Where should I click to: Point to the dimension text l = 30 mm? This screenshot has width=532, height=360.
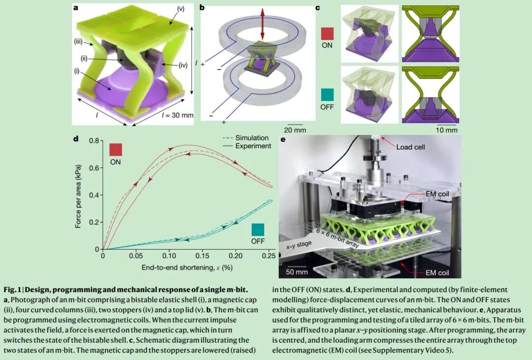(x=177, y=115)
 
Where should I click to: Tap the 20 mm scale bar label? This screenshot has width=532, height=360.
(x=295, y=130)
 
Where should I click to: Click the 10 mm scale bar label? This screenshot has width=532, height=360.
(x=447, y=130)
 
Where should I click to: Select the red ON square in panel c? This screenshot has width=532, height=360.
(x=327, y=33)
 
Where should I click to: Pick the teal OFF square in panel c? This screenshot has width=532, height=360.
(x=327, y=94)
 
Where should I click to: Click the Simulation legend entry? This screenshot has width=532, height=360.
(x=252, y=138)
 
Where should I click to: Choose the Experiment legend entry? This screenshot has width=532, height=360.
(x=253, y=146)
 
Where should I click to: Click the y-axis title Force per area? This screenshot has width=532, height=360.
(x=78, y=196)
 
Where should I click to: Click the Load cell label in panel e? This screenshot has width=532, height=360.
(x=410, y=147)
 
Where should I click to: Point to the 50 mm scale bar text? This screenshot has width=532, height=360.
(x=297, y=272)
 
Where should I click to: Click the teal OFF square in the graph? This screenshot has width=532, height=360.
(x=258, y=229)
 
